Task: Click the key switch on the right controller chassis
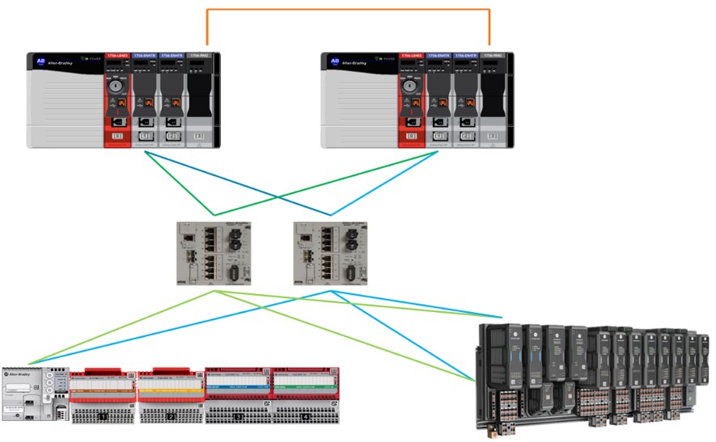413,84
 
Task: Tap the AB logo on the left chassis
40,61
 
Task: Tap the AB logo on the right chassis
336,61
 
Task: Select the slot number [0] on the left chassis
117,137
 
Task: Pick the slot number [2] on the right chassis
468,137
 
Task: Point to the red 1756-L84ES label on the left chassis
117,56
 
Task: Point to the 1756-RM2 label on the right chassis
493,56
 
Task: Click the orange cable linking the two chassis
348,10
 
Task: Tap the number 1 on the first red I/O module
104,415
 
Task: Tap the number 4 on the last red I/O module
306,415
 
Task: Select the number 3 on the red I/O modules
239,415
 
